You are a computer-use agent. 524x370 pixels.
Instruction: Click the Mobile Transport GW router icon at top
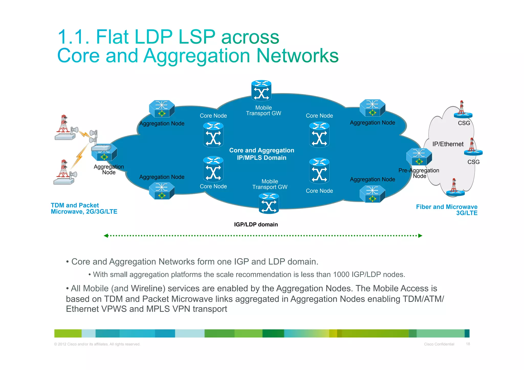coord(261,91)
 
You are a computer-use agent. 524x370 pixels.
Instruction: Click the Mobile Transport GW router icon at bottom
coord(269,204)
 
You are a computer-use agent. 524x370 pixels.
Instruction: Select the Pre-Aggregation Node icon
coord(419,157)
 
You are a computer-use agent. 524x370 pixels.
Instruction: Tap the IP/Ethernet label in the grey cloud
coord(448,144)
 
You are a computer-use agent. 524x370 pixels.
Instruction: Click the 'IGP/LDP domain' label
coord(256,225)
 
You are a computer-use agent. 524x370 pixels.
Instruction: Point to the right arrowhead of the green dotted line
coord(420,236)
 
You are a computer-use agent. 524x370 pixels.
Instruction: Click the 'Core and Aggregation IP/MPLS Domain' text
coord(261,154)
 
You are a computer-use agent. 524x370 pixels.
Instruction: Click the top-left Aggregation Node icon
coord(162,109)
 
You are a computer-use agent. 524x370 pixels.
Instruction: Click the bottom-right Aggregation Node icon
coord(372,194)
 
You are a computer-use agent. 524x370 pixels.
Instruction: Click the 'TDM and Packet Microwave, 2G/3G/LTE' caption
coord(84,208)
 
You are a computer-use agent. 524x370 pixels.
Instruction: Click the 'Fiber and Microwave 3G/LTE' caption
coord(447,210)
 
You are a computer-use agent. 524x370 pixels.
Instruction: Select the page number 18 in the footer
coord(468,344)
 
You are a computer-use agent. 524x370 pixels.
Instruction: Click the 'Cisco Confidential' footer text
coord(439,344)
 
